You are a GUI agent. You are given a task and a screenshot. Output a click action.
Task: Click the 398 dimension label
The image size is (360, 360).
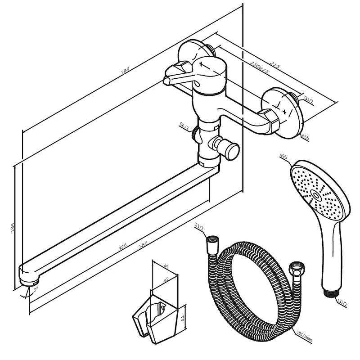tap(125, 71)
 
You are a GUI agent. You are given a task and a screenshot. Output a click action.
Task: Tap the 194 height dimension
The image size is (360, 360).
tap(12, 228)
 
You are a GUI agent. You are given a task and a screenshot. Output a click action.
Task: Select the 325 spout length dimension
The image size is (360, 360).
tap(122, 247)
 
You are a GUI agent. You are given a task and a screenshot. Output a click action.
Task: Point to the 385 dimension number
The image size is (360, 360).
tap(143, 245)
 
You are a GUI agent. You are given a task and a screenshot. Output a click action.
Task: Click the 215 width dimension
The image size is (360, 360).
tap(274, 64)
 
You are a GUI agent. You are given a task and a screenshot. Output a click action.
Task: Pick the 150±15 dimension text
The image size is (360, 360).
tap(259, 67)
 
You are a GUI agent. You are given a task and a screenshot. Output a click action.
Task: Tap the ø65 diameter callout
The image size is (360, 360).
tap(306, 137)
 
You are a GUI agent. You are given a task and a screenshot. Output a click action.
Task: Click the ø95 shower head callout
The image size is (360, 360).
tap(283, 157)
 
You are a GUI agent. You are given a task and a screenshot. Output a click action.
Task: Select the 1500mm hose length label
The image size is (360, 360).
tap(305, 336)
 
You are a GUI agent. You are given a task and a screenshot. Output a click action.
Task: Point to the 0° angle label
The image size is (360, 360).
tap(36, 289)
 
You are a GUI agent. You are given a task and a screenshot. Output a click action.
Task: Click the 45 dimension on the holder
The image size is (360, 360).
tap(166, 267)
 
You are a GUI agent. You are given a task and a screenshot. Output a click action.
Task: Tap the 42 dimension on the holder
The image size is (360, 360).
tap(166, 279)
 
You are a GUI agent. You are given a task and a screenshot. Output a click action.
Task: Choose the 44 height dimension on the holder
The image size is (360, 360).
tap(183, 319)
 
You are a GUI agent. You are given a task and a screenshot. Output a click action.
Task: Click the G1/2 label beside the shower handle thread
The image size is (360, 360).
tap(342, 302)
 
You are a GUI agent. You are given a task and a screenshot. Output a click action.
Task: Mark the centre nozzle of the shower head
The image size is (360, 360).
tap(316, 195)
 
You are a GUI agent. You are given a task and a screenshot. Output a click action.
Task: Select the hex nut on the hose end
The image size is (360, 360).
tap(297, 269)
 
